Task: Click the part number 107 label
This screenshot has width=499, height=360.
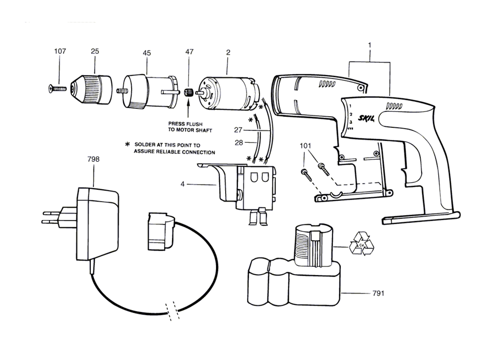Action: pos(60,51)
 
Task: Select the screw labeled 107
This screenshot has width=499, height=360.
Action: pos(57,89)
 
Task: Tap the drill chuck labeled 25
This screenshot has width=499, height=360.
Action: pos(93,90)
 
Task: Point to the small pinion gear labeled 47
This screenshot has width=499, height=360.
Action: pos(189,92)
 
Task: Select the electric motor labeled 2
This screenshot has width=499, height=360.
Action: pos(228,94)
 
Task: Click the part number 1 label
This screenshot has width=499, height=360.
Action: pos(369,46)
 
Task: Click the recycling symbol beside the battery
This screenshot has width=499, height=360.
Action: pos(361,244)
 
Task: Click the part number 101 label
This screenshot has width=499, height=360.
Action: pos(305,146)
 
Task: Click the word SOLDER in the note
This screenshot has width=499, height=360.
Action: pos(144,145)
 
